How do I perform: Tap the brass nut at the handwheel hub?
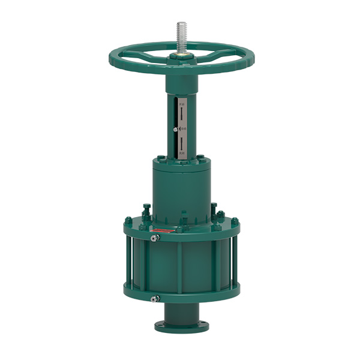click(x=181, y=55)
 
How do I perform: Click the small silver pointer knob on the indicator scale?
click(x=175, y=129)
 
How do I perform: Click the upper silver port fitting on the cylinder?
click(x=155, y=239)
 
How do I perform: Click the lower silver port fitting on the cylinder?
click(x=155, y=298)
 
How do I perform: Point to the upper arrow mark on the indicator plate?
click(x=179, y=115)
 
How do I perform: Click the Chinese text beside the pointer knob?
click(x=182, y=129)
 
